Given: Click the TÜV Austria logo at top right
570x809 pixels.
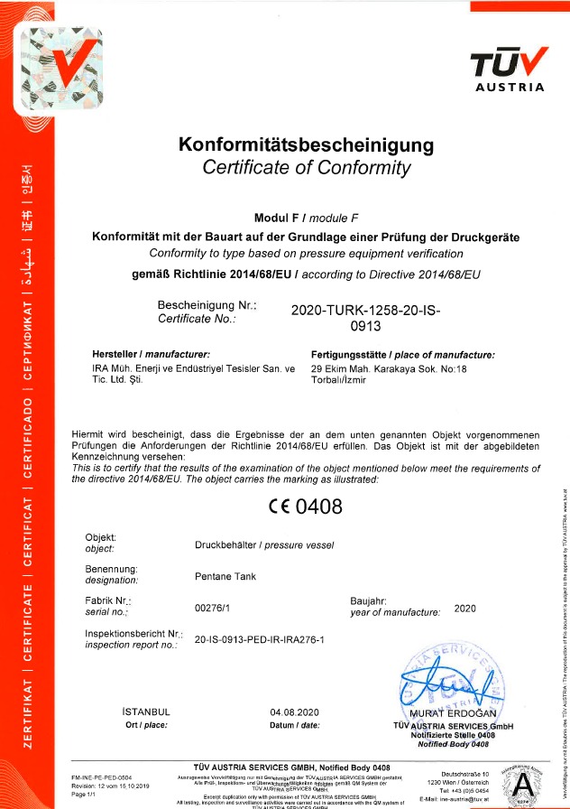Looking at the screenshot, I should [x=509, y=69].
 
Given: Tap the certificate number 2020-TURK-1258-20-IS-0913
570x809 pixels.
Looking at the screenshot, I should [x=365, y=317].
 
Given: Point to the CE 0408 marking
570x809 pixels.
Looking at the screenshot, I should [x=305, y=507].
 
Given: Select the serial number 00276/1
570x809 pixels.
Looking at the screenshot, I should [x=212, y=608].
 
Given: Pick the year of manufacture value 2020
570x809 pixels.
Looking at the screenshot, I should [x=465, y=608].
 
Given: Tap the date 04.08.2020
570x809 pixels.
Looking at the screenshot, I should [x=295, y=713].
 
